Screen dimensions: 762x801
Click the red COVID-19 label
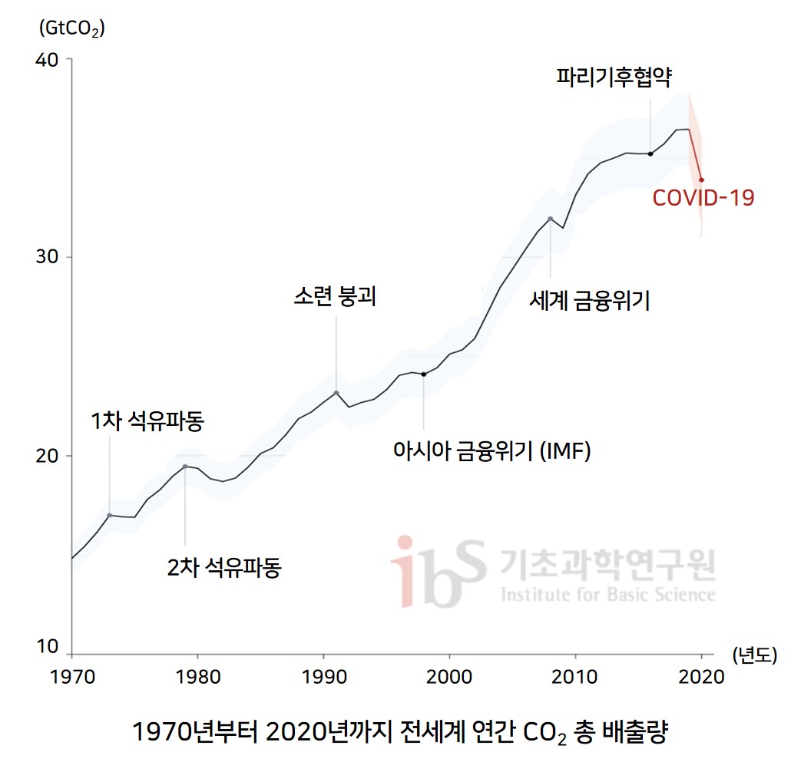tap(703, 198)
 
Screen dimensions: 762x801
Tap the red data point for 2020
tap(701, 180)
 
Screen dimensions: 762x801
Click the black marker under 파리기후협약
tap(650, 153)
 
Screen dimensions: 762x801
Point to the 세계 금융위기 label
tap(590, 301)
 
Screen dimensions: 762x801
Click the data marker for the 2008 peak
tap(551, 219)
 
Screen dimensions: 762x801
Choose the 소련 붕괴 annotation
tap(335, 298)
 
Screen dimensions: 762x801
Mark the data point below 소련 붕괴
tap(336, 393)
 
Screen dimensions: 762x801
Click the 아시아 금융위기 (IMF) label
tap(492, 451)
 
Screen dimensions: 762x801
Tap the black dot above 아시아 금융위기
tap(423, 374)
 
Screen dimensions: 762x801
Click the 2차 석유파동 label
tap(224, 569)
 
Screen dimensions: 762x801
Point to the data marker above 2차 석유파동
tap(185, 467)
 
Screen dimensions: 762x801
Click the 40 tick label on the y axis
tap(48, 59)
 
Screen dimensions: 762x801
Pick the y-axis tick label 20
tap(48, 456)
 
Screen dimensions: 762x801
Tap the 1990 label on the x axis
tap(323, 677)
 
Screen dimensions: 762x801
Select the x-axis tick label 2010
tap(575, 677)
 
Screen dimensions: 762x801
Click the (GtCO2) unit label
tap(71, 29)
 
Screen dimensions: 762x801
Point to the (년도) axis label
tap(754, 655)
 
